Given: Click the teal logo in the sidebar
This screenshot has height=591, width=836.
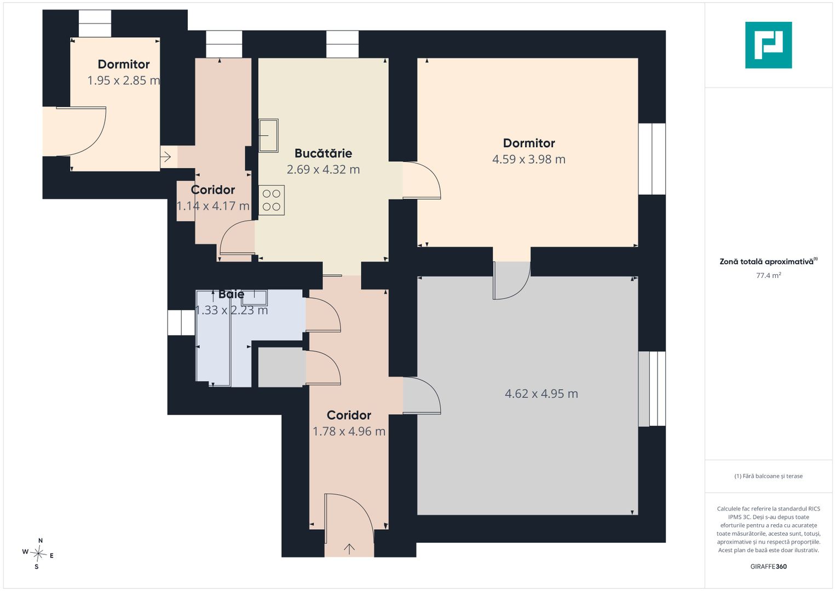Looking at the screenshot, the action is [x=768, y=45].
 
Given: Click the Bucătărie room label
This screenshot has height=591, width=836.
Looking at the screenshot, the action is [x=323, y=153].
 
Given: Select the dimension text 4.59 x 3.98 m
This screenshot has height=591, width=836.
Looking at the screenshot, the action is [x=528, y=159].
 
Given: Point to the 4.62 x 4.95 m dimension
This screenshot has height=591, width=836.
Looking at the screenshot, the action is [x=541, y=393].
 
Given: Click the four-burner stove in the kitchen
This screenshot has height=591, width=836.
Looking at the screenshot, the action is [x=272, y=200].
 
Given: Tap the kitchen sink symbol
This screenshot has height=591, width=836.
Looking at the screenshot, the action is [x=269, y=136].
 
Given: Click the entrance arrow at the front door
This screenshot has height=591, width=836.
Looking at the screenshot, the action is [x=349, y=549].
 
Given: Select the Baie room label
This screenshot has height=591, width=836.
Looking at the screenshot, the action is [x=232, y=294].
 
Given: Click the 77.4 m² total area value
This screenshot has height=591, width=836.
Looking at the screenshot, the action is [x=769, y=275].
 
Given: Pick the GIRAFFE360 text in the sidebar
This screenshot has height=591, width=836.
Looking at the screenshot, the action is [x=769, y=566].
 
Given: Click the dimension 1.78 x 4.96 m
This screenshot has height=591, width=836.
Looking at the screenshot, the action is [x=349, y=431].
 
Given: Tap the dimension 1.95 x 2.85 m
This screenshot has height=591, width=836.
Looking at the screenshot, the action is [x=124, y=80].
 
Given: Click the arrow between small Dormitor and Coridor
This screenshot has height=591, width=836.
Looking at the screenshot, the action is [x=166, y=157].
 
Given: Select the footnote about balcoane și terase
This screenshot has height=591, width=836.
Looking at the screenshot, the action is [x=769, y=476].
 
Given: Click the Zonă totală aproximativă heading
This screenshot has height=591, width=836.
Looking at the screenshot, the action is [x=768, y=261].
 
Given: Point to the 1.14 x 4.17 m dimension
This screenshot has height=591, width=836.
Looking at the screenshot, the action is [x=213, y=206].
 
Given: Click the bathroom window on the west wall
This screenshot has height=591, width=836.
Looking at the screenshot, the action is [x=181, y=322].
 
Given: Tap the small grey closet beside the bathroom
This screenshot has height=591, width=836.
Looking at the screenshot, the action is [x=281, y=367].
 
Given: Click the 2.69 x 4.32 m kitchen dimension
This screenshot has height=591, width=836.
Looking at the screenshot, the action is [x=323, y=170].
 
